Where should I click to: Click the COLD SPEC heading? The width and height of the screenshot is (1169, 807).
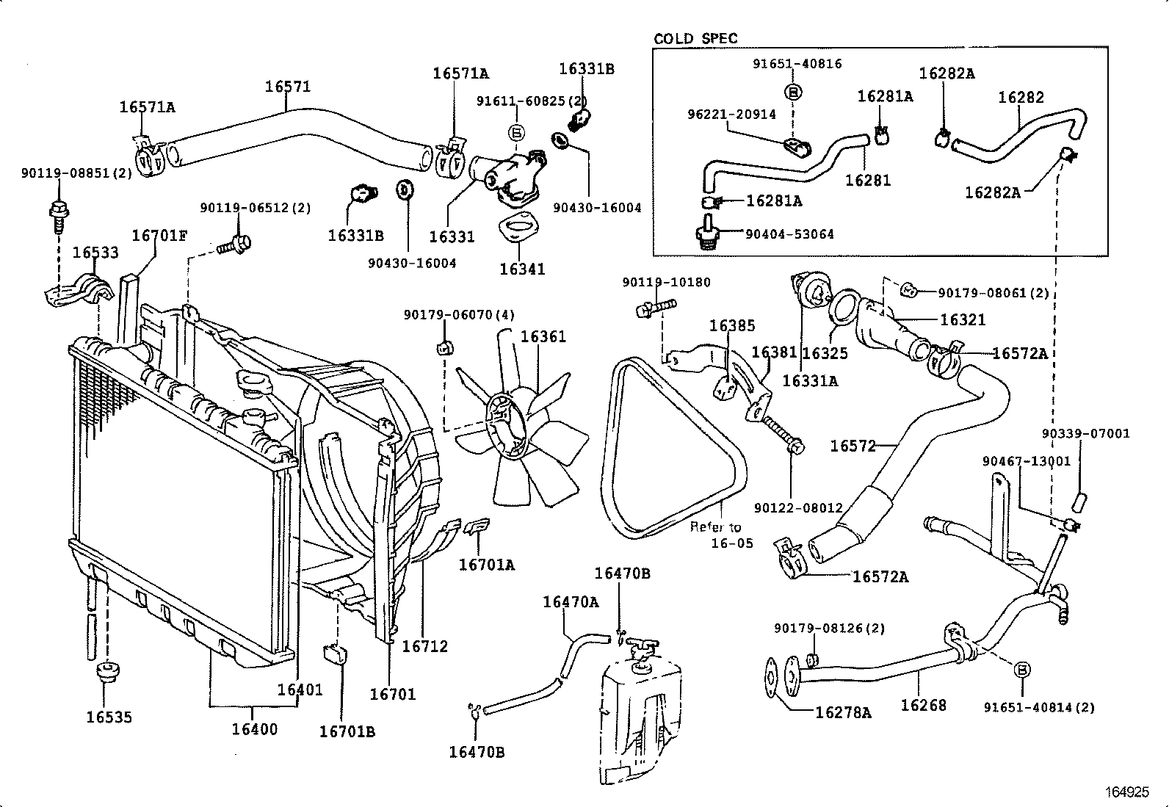pos(695,38)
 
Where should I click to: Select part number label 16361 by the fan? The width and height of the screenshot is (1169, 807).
pos(543,337)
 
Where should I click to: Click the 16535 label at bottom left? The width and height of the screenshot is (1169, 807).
pos(109,717)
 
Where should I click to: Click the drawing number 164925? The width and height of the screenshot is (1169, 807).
pos(1127,792)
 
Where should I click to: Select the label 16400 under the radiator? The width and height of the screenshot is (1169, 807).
pos(255,729)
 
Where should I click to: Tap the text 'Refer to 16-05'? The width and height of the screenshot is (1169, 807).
pos(720,535)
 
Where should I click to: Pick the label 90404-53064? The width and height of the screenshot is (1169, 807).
pos(789,234)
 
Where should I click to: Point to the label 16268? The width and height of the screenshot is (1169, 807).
pos(923,705)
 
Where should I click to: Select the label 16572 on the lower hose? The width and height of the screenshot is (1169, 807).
pos(853,446)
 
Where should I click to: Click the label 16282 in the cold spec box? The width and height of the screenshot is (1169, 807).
pos(1021,98)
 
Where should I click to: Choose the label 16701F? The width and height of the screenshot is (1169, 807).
pos(159,236)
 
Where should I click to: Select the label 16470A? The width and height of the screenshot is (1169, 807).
pos(571,602)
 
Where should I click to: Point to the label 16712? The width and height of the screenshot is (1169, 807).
pos(424,646)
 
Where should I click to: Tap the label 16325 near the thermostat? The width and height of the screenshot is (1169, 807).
pos(825,353)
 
